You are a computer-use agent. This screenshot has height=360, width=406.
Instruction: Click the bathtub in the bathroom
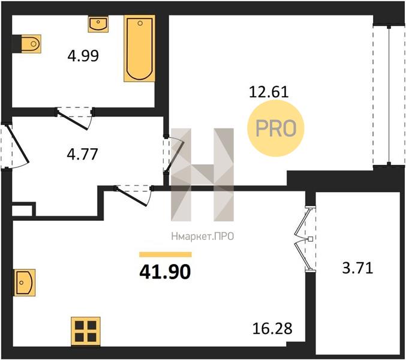point(140,49)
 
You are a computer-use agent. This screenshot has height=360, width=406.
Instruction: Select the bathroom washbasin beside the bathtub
point(98,24)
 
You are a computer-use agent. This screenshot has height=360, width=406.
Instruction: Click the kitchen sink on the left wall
point(25,283)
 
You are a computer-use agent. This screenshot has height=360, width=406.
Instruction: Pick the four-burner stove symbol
point(86,331)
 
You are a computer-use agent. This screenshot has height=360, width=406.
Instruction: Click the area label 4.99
point(83,56)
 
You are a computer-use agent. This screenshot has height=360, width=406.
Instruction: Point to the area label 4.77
point(82,154)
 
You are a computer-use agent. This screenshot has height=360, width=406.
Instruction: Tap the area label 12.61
point(269,92)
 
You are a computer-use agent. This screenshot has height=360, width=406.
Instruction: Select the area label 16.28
point(272,328)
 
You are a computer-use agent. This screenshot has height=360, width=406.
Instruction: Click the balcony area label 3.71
point(357,268)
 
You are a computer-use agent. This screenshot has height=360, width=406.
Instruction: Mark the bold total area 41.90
point(165,272)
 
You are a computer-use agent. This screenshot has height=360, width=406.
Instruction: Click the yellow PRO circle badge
point(276,128)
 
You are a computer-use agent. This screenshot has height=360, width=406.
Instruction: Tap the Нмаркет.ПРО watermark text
point(203,236)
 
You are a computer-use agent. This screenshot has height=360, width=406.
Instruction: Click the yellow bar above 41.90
point(166,254)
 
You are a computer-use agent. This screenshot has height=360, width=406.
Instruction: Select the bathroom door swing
point(75,118)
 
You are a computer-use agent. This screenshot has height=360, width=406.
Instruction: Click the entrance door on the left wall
point(15,146)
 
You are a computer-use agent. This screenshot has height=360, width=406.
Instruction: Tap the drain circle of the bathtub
point(140,23)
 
